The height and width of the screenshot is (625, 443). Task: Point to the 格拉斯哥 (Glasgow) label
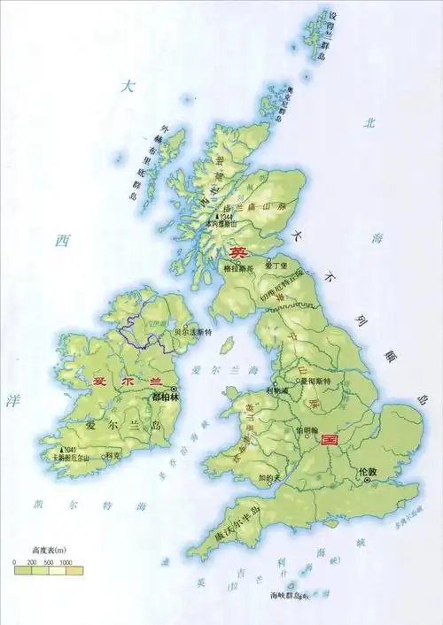238,267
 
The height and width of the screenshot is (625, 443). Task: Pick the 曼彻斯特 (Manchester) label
315,381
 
